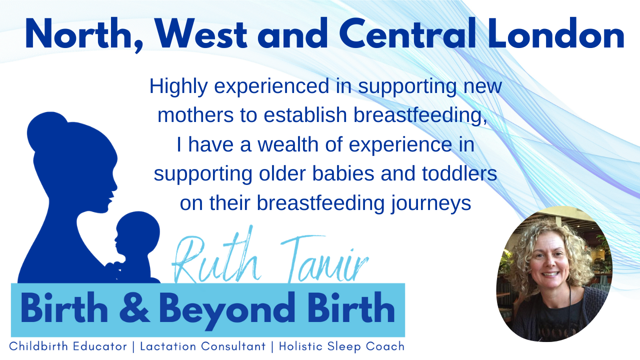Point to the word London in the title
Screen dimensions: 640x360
(x=556, y=33)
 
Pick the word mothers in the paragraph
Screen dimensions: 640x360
(x=195, y=115)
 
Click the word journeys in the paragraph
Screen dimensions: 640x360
(x=431, y=203)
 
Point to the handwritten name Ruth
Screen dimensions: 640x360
(x=216, y=257)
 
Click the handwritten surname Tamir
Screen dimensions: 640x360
(x=324, y=258)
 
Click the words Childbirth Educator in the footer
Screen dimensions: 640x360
(x=68, y=346)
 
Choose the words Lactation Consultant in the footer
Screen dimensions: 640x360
(x=203, y=346)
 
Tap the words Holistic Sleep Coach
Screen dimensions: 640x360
(x=341, y=346)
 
